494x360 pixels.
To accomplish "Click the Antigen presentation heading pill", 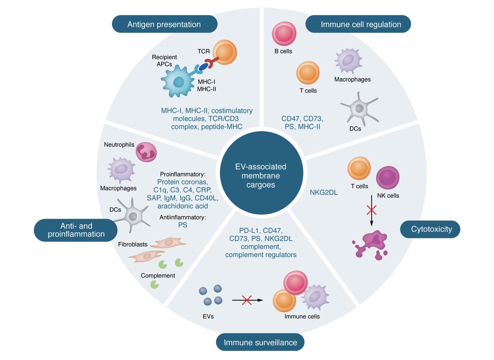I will pos(164,24).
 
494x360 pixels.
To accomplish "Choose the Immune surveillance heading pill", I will pos(260,342).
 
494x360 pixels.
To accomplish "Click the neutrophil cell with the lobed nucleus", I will pos(147,152).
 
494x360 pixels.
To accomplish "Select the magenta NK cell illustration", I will pos(387,178).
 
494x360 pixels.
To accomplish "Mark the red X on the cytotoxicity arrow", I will pos(371,210).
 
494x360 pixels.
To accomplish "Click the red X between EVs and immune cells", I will pos(247,300).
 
